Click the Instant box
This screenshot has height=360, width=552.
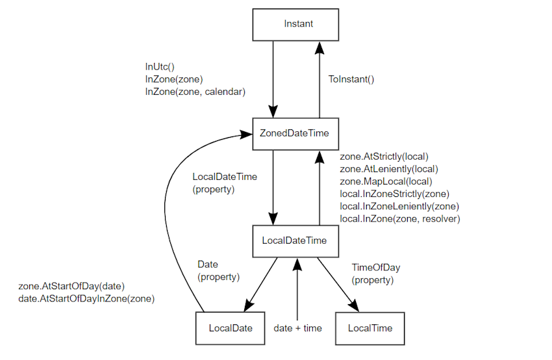[x=295, y=25]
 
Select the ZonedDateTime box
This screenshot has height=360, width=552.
[x=295, y=134]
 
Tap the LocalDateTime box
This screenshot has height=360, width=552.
[x=295, y=241]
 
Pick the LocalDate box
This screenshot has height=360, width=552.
[x=231, y=328]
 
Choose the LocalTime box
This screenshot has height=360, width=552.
[x=370, y=328]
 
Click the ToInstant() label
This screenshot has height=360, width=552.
[x=351, y=79]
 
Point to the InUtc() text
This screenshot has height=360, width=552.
[x=160, y=66]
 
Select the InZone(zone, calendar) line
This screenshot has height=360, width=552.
[x=195, y=92]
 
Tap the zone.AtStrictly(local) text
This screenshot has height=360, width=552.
[x=384, y=157]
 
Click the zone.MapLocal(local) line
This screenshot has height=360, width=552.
[x=386, y=181]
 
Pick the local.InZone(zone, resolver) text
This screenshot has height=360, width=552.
[x=400, y=219]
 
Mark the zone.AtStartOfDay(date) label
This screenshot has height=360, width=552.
[x=71, y=286]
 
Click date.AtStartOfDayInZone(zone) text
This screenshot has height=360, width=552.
[x=86, y=299]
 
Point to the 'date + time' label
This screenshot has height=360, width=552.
[x=298, y=328]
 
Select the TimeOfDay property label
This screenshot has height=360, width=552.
[x=376, y=274]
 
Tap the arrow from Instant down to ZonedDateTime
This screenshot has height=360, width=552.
[x=273, y=79]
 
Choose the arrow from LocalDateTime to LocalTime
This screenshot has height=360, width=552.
[x=337, y=284]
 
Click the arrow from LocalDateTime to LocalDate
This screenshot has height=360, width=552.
[x=261, y=284]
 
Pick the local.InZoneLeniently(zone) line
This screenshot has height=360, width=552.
[x=399, y=207]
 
